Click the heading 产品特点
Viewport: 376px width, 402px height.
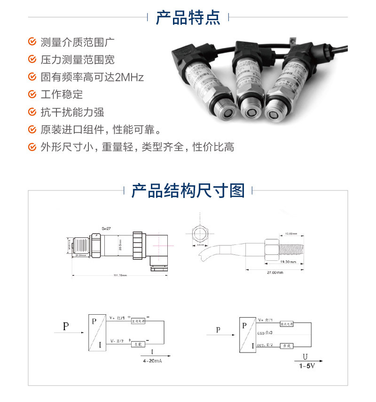(188, 18)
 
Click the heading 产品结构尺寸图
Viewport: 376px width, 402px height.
(188, 191)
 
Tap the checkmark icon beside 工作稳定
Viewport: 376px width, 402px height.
(32, 94)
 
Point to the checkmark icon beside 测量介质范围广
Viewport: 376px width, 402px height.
(32, 42)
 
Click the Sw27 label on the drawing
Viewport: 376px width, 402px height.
(107, 229)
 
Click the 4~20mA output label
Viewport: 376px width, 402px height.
(153, 361)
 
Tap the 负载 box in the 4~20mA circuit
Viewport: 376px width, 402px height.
(138, 344)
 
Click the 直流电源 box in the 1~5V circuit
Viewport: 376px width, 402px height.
(286, 324)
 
